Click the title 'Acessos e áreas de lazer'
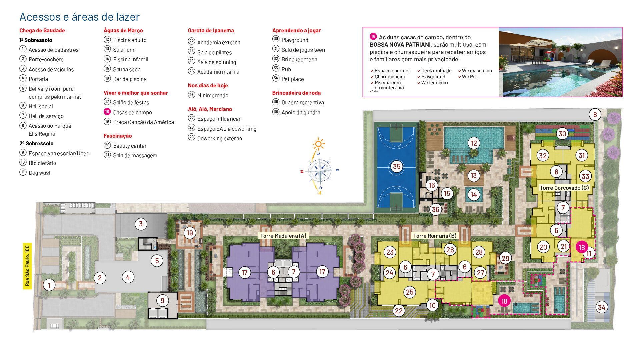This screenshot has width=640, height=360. point(79,17)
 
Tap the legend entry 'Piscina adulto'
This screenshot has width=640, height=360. point(130,40)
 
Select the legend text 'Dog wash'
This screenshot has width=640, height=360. point(40,173)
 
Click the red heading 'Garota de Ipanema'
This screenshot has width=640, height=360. point(211,30)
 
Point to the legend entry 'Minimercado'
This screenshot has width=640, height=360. point(213,95)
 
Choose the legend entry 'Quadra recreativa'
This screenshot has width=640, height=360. point(302,102)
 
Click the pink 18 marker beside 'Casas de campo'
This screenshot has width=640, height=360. point(107,112)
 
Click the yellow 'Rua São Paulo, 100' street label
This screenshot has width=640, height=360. point(27,266)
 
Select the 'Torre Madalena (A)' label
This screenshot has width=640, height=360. point(283,236)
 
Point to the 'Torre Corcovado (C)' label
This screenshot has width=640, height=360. point(564,188)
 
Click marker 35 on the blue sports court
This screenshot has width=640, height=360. point(396,166)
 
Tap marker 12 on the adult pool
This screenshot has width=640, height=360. point(473,143)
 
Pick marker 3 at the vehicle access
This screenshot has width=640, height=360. point(141,224)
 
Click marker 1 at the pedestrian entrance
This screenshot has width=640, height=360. point(49,285)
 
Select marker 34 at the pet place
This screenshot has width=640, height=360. point(601,307)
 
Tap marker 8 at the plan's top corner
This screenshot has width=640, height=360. point(595,115)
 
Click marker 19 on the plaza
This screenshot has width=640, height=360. point(190,233)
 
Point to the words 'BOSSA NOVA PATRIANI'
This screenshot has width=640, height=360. point(400,45)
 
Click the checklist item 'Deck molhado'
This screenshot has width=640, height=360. point(436,71)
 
